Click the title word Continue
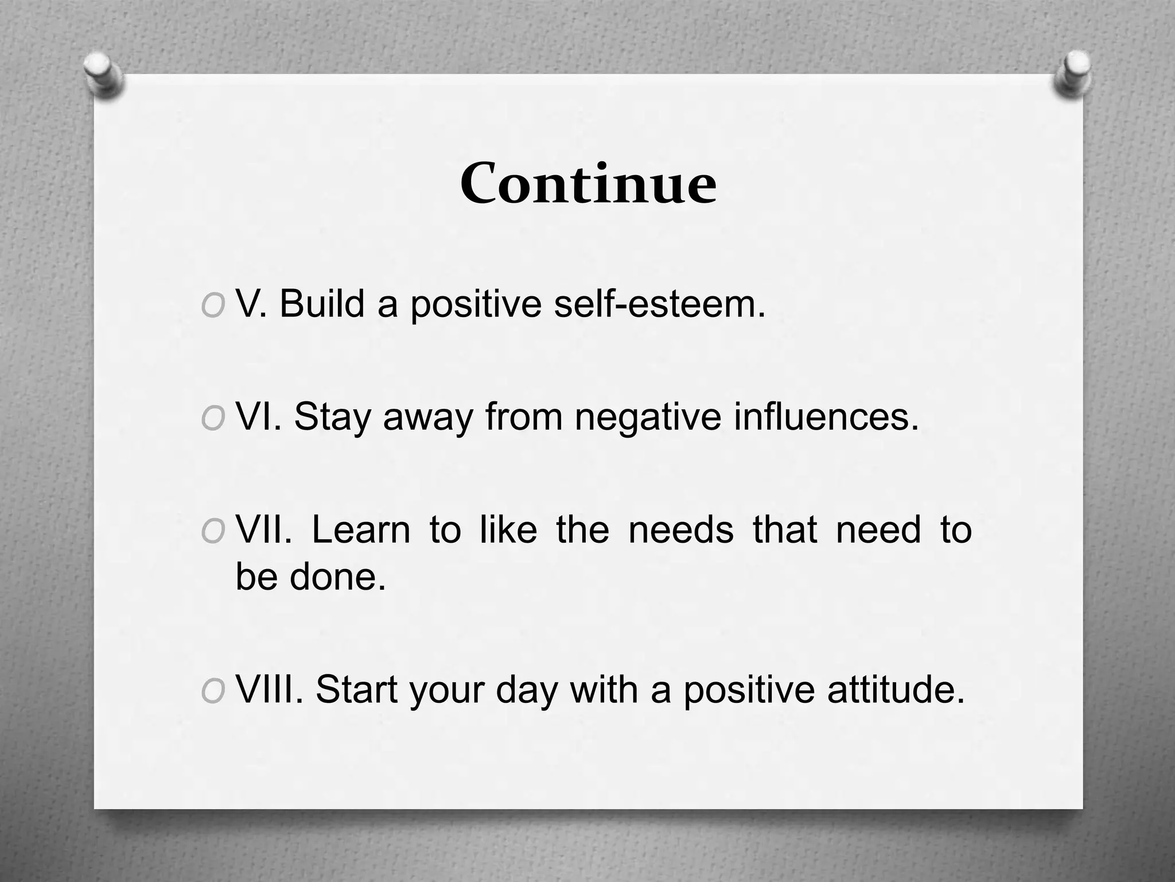[588, 184]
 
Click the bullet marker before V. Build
[213, 306]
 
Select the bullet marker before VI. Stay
[213, 419]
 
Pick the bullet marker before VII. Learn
[213, 532]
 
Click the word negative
[648, 417]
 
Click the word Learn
[361, 529]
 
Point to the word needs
[681, 529]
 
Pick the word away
[428, 417]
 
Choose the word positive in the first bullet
[476, 304]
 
